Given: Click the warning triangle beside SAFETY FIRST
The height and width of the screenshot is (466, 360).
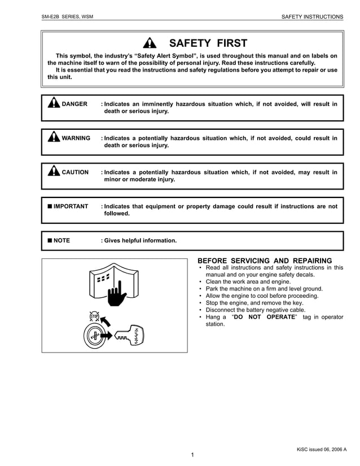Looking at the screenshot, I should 149,43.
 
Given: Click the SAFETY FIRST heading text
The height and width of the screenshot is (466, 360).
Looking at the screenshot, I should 208,43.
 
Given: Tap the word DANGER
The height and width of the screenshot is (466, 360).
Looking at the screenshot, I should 74,104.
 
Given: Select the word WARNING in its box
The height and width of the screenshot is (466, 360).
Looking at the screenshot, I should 76,138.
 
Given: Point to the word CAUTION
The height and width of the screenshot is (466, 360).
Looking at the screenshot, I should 75,172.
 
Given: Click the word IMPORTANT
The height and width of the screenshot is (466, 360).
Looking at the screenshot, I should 71,206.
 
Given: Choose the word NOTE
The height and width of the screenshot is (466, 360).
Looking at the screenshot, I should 62,240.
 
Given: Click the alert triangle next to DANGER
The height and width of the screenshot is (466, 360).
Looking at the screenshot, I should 54,103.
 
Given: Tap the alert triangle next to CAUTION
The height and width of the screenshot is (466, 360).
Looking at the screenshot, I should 54,171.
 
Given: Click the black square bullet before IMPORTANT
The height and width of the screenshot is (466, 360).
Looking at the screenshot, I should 50,206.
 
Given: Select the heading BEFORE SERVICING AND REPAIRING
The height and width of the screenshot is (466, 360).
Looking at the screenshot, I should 265,260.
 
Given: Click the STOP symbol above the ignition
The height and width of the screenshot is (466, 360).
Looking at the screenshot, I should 94,317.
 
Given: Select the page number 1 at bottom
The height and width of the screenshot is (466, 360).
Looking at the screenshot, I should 192,455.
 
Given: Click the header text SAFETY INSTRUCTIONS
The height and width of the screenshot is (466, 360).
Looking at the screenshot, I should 312,17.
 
